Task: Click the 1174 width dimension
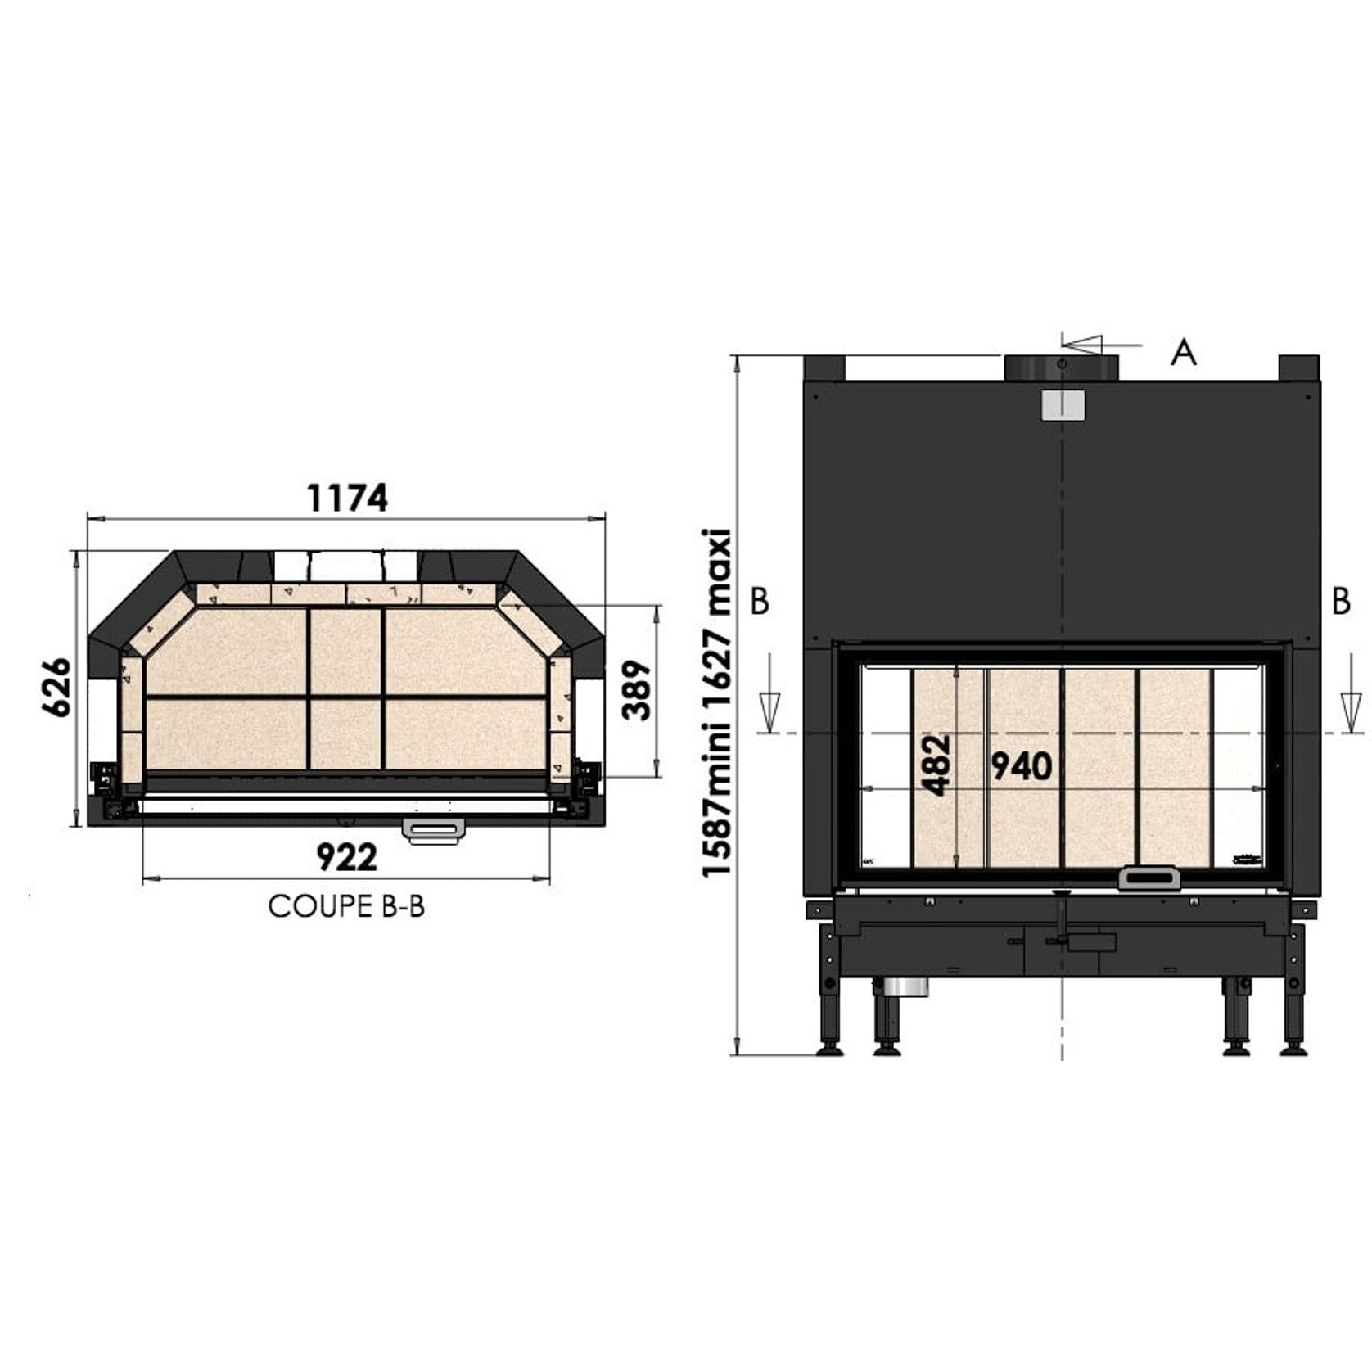[346, 498]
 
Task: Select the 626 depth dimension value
[57, 686]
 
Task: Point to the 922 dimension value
[347, 857]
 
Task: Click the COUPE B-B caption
[346, 906]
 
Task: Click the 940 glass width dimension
[1021, 766]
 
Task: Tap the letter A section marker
[1184, 353]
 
